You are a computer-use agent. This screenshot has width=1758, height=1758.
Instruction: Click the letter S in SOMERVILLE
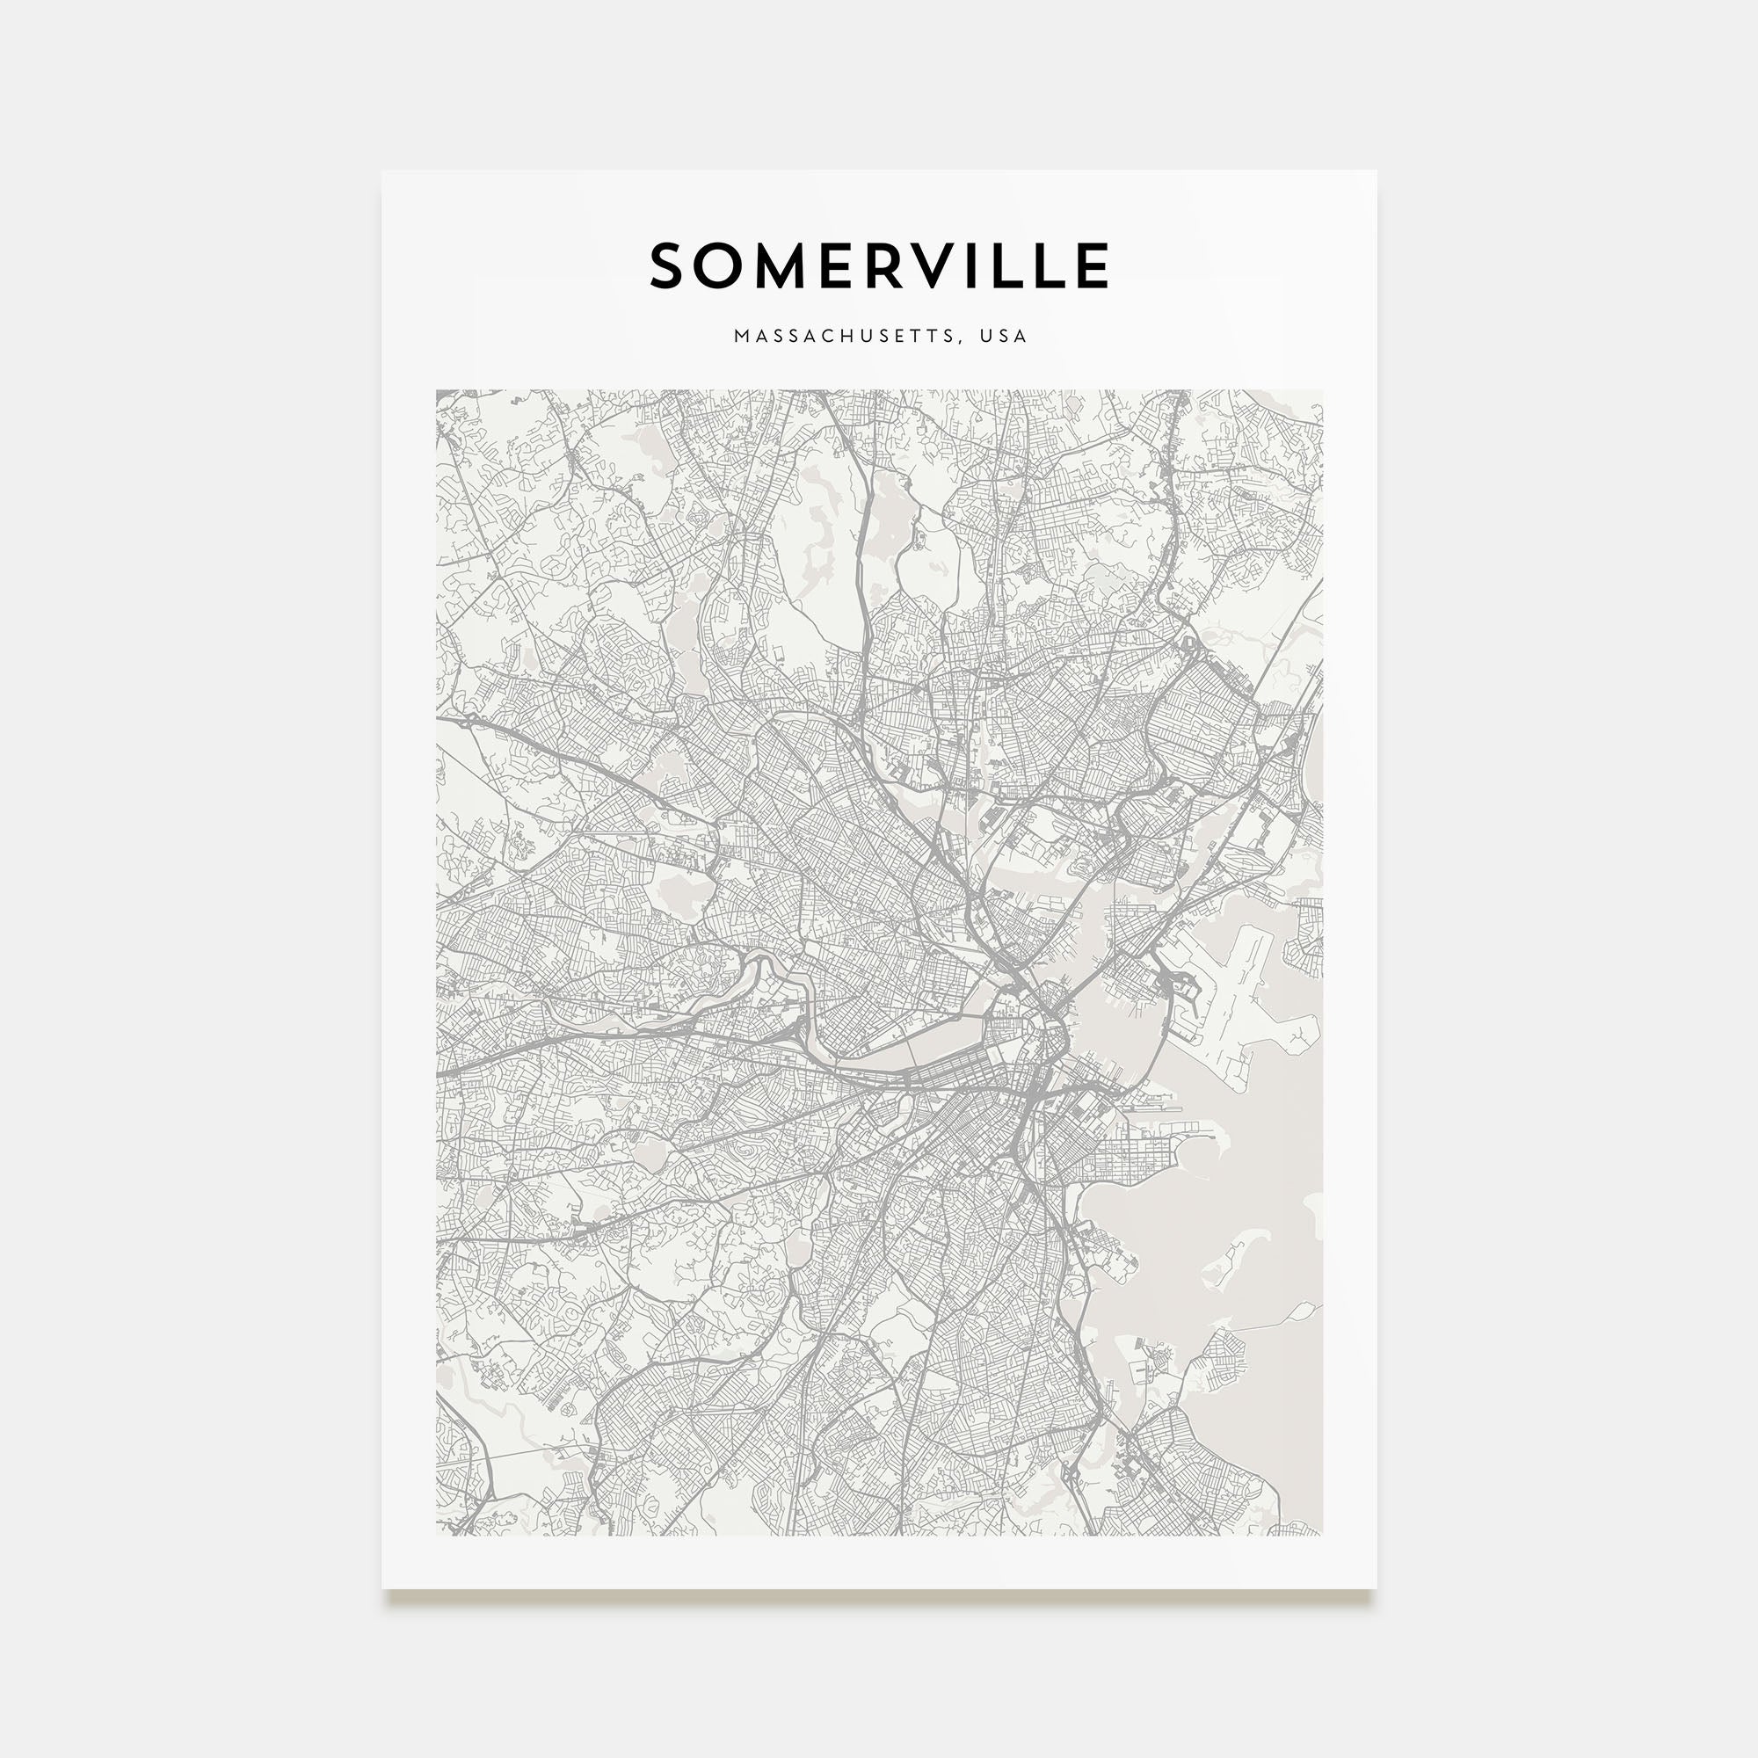click(669, 265)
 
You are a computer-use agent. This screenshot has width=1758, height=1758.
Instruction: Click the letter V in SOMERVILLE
click(951, 265)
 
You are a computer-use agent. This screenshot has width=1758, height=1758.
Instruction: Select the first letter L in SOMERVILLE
click(1024, 265)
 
